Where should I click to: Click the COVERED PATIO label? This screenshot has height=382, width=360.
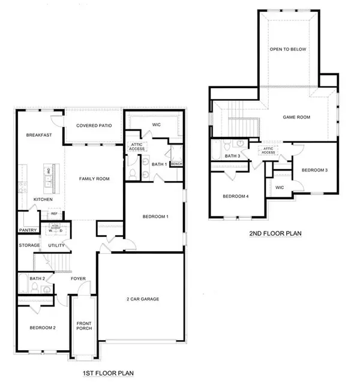pyautogui.click(x=91, y=126)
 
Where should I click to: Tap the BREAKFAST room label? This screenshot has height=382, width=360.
pyautogui.click(x=39, y=136)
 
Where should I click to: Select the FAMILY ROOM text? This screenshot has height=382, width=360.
pyautogui.click(x=93, y=179)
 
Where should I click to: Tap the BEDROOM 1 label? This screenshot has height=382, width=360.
pyautogui.click(x=154, y=216)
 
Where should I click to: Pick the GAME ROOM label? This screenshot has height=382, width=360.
pyautogui.click(x=296, y=118)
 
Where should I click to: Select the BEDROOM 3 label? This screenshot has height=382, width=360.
pyautogui.click(x=314, y=170)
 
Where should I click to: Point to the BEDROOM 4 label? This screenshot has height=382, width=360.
pyautogui.click(x=235, y=196)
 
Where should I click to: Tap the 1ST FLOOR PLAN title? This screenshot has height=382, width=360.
pyautogui.click(x=107, y=374)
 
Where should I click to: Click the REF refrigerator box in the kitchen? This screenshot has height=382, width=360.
pyautogui.click(x=54, y=213)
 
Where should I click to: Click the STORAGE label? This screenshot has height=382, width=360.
pyautogui.click(x=28, y=245)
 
